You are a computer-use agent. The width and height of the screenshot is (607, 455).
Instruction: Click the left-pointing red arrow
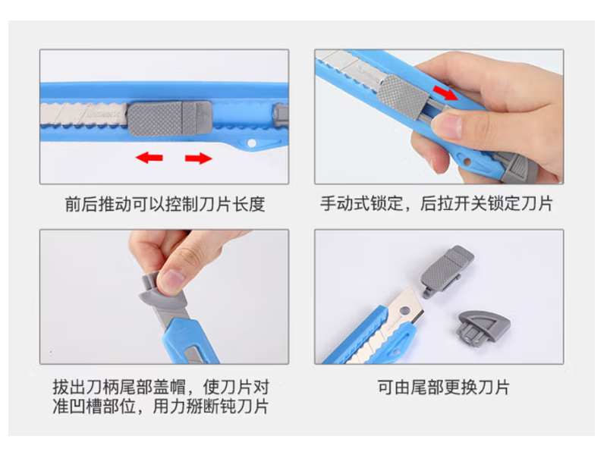tap(149, 158)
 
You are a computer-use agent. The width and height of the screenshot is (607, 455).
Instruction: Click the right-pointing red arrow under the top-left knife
tap(199, 158)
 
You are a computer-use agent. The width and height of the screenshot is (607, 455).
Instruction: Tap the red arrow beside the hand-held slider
tap(445, 93)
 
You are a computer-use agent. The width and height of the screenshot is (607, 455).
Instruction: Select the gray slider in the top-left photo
tap(169, 118)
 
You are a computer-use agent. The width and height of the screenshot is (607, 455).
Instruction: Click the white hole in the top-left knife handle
tap(251, 143)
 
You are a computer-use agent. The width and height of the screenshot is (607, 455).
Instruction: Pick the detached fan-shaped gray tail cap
tap(483, 328)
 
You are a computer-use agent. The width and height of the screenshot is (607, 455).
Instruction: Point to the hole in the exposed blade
tap(404, 311)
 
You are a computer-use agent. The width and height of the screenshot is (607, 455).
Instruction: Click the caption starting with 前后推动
tap(165, 204)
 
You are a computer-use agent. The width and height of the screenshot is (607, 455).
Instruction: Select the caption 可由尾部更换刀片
tap(444, 387)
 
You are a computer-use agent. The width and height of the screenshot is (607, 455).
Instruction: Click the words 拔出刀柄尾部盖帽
tap(119, 387)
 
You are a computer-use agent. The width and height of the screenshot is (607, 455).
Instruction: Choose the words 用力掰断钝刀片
tap(211, 406)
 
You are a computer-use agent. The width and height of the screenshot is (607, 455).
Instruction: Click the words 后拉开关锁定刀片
tap(486, 203)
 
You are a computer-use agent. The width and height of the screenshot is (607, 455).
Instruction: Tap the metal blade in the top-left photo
tap(84, 115)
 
